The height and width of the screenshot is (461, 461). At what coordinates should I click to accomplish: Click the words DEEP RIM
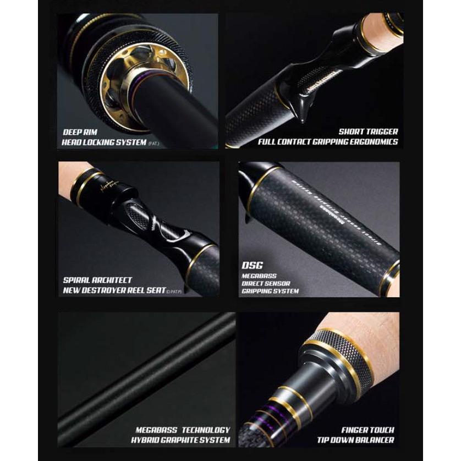click(x=80, y=133)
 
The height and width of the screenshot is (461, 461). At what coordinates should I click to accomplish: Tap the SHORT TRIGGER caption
click(x=368, y=132)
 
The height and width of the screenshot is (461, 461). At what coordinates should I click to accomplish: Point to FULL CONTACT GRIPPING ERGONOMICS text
click(x=328, y=142)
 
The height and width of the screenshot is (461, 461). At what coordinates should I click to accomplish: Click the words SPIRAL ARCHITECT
click(x=97, y=280)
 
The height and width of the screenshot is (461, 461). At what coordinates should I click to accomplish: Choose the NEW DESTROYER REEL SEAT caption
click(x=114, y=290)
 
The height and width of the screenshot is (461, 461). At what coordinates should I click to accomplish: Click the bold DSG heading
click(x=251, y=265)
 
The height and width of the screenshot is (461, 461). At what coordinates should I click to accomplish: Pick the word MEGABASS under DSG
click(x=259, y=276)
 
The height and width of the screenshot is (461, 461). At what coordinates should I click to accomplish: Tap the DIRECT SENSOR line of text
click(x=266, y=283)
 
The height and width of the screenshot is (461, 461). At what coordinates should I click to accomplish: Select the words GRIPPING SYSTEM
click(x=270, y=291)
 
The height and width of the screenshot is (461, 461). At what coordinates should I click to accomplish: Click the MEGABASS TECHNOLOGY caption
click(x=183, y=430)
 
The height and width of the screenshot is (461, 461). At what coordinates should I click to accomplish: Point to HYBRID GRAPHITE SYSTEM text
click(x=180, y=440)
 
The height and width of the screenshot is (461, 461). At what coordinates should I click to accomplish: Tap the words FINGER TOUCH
click(x=367, y=430)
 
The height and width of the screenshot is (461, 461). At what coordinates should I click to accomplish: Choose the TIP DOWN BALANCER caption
click(x=355, y=440)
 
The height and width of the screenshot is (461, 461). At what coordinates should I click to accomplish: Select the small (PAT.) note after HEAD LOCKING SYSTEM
click(x=155, y=143)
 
